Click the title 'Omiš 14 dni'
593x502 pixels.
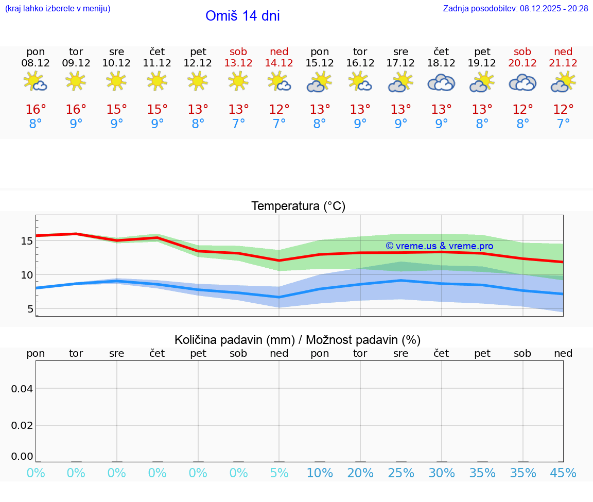point(242,16)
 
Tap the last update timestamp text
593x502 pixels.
point(515,8)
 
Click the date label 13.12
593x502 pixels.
point(238,63)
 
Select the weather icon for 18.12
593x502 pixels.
point(441,82)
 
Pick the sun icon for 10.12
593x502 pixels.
point(116,81)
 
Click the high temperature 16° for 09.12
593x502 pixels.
point(76,110)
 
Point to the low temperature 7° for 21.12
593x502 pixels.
point(563,124)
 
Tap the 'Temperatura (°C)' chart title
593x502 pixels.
point(298,206)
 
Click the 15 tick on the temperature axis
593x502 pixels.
point(27,241)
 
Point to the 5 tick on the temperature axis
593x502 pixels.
point(30,309)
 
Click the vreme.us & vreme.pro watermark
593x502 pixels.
point(440,246)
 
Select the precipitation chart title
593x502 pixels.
point(298,340)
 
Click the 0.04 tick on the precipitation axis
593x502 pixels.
point(22,389)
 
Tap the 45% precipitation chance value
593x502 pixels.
point(563,473)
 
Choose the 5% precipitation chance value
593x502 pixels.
point(279,473)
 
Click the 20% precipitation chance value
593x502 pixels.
point(360,473)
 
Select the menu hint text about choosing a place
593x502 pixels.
point(57,8)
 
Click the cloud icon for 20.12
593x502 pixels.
point(522,82)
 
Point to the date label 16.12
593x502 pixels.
point(360,63)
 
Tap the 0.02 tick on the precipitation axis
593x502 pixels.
point(22,425)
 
